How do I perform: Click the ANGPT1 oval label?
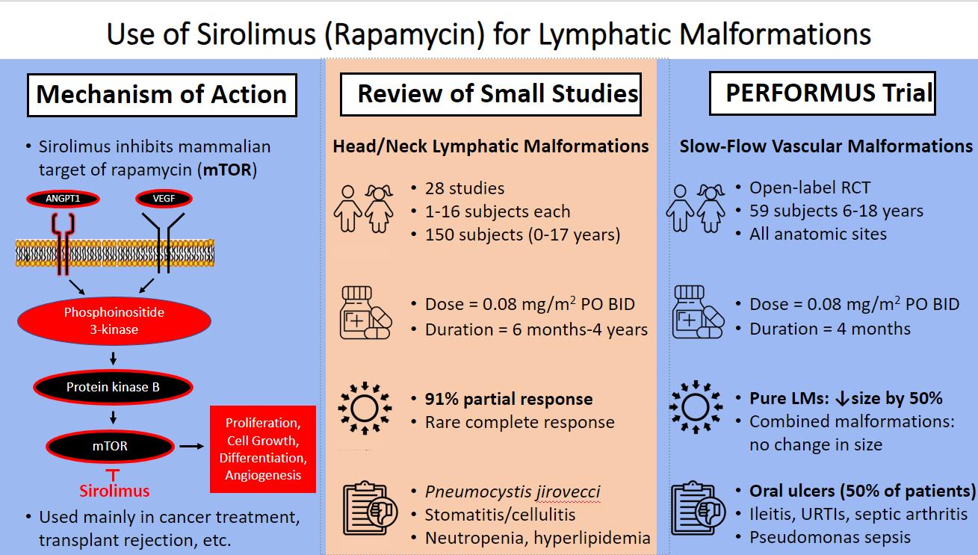point(63,199)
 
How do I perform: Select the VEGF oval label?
point(164,199)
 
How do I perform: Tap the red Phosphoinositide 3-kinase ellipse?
point(114,321)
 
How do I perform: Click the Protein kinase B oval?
point(113,388)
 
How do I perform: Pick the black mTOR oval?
point(110,446)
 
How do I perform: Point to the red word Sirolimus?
point(114,491)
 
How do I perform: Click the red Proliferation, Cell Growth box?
point(263,450)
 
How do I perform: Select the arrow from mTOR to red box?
point(192,446)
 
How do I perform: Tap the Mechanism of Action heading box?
point(162,95)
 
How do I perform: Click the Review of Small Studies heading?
point(491,94)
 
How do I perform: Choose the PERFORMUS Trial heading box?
point(822,93)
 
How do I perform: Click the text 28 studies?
point(465,189)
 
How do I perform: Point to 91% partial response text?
point(509,399)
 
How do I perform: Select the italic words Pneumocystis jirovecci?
point(513,492)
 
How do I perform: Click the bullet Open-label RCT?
point(810,187)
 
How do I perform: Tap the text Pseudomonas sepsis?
point(830,538)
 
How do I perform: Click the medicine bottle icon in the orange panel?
point(365,313)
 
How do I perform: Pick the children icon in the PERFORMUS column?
point(695,208)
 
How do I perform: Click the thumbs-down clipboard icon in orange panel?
point(369,508)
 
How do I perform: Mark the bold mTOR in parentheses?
point(227,170)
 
